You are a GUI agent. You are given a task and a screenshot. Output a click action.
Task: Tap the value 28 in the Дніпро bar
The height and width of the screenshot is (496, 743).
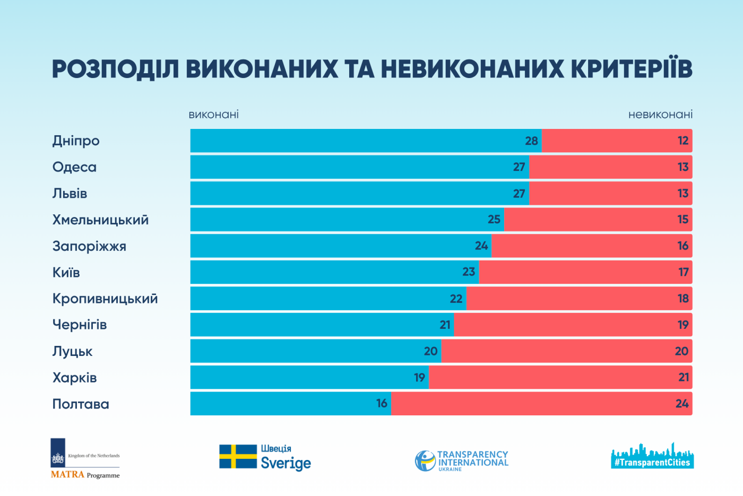531,141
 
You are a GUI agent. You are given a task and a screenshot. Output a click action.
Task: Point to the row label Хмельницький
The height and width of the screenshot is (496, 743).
100,220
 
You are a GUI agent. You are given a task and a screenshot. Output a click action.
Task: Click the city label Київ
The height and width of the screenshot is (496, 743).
66,273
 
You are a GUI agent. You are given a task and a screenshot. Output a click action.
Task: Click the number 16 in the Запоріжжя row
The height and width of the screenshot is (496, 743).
682,246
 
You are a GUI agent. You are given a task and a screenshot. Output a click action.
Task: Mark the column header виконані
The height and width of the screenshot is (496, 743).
214,115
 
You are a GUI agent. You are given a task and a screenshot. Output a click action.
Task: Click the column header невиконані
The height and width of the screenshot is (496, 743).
660,115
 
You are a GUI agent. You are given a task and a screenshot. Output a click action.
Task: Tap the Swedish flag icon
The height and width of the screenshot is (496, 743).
238,457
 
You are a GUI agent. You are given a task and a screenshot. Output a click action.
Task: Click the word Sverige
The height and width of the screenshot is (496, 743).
286,464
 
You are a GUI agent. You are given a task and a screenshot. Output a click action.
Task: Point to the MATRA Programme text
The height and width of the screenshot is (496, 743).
85,475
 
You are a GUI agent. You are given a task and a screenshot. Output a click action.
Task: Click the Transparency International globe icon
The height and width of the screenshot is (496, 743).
425,460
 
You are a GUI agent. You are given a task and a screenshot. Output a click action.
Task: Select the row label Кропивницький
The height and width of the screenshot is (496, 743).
105,299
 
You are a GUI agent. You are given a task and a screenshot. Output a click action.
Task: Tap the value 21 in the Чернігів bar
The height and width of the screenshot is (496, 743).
445,325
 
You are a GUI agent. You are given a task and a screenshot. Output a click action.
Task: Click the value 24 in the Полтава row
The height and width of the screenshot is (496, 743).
682,404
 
